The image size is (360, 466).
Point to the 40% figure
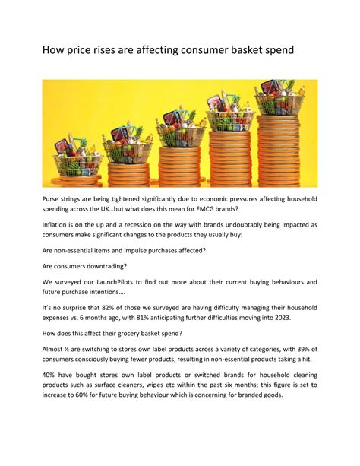click(x=51, y=398)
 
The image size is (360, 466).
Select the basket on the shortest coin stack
click(x=76, y=157)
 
